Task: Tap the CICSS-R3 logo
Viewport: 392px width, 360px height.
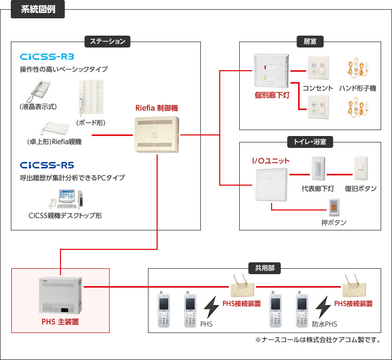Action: pyautogui.click(x=47, y=57)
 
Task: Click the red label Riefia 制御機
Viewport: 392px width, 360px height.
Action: pyautogui.click(x=156, y=107)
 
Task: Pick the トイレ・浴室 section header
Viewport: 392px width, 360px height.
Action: pyautogui.click(x=310, y=141)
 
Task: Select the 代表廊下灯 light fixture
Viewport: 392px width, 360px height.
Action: pyautogui.click(x=317, y=169)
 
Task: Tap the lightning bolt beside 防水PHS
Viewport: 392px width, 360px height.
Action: pyautogui.click(x=323, y=307)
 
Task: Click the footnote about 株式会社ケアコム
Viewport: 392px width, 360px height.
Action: pyautogui.click(x=317, y=340)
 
